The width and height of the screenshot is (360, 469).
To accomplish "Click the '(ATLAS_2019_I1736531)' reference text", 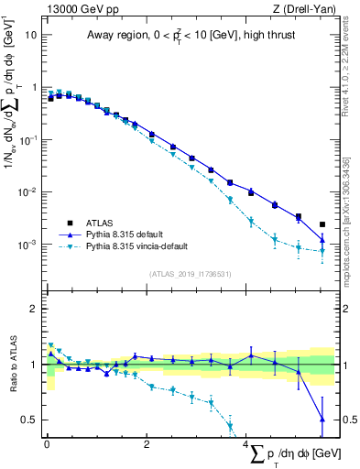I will [x=191, y=273].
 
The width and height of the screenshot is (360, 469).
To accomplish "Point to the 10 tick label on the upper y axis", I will [x=30, y=34].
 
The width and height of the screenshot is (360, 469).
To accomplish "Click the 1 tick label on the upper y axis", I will [x=34, y=87].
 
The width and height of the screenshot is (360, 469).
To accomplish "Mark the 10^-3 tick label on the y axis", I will [x=27, y=245].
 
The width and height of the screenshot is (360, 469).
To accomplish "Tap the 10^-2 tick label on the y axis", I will [x=27, y=192].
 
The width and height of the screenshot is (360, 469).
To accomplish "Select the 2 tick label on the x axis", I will [x=147, y=446].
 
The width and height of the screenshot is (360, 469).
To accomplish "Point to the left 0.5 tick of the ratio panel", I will [x=29, y=420].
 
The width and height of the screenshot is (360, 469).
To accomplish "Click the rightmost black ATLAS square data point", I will [x=322, y=224].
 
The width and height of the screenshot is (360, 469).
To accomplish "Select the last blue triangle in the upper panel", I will [x=322, y=240].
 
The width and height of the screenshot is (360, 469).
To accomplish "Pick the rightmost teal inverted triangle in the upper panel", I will [x=322, y=251].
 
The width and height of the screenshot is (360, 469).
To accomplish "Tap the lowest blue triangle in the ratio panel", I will [x=322, y=419].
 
